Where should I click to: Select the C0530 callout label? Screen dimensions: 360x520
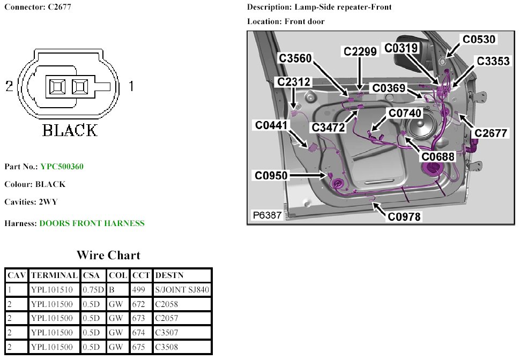(x=479, y=40)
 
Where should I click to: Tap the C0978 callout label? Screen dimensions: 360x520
(x=405, y=216)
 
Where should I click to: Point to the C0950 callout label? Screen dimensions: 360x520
(x=271, y=175)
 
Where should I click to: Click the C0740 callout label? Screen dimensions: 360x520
(x=405, y=113)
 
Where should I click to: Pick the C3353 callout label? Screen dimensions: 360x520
(x=493, y=61)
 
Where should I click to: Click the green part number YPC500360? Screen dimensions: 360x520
(x=62, y=167)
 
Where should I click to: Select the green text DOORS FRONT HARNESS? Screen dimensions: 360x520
(x=92, y=223)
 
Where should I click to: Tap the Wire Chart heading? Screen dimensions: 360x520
(x=108, y=255)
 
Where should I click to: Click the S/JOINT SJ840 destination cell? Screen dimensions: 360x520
(x=182, y=290)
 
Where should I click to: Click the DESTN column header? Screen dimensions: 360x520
(x=169, y=275)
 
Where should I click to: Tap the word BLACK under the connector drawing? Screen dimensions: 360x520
(x=70, y=130)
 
